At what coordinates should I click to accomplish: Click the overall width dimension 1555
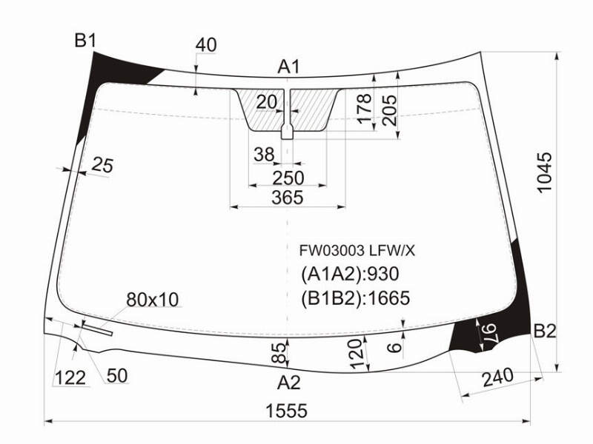287,411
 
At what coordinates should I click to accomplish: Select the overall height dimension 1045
545,172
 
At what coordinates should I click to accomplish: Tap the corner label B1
86,41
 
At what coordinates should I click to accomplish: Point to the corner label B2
545,331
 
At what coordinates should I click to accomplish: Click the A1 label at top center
288,67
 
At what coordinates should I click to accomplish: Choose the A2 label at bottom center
288,383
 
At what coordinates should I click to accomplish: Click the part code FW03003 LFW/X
357,250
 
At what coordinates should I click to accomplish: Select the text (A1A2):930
350,274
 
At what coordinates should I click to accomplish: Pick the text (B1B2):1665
356,298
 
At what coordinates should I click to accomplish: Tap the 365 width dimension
288,198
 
